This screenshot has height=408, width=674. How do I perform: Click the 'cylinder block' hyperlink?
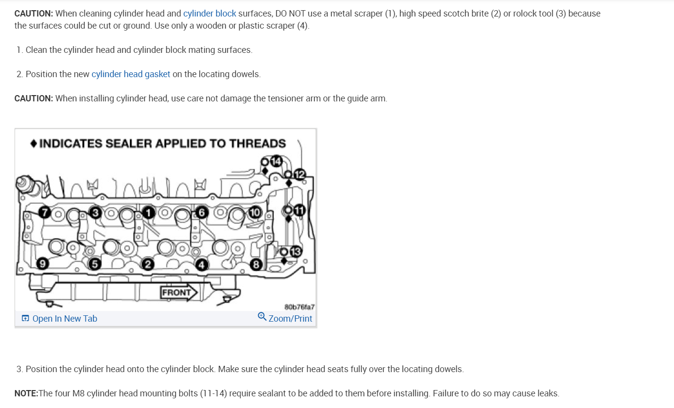pos(209,14)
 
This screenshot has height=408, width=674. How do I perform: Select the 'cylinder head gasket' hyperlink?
pos(131,74)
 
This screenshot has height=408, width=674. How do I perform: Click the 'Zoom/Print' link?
pos(285,318)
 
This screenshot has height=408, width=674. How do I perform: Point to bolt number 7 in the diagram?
pos(45,212)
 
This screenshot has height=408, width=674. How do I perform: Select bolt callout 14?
pos(275,161)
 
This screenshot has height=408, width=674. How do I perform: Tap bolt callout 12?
pos(300,175)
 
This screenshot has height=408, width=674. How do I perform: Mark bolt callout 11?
pos(299,210)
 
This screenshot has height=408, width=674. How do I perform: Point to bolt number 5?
pos(94,264)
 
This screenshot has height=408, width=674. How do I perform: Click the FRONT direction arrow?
pos(179,293)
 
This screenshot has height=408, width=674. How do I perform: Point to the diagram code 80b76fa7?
pos(299,307)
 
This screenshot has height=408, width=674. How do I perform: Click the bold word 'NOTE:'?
pos(26,393)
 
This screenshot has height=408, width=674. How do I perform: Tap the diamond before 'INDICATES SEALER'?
pos(34,144)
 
